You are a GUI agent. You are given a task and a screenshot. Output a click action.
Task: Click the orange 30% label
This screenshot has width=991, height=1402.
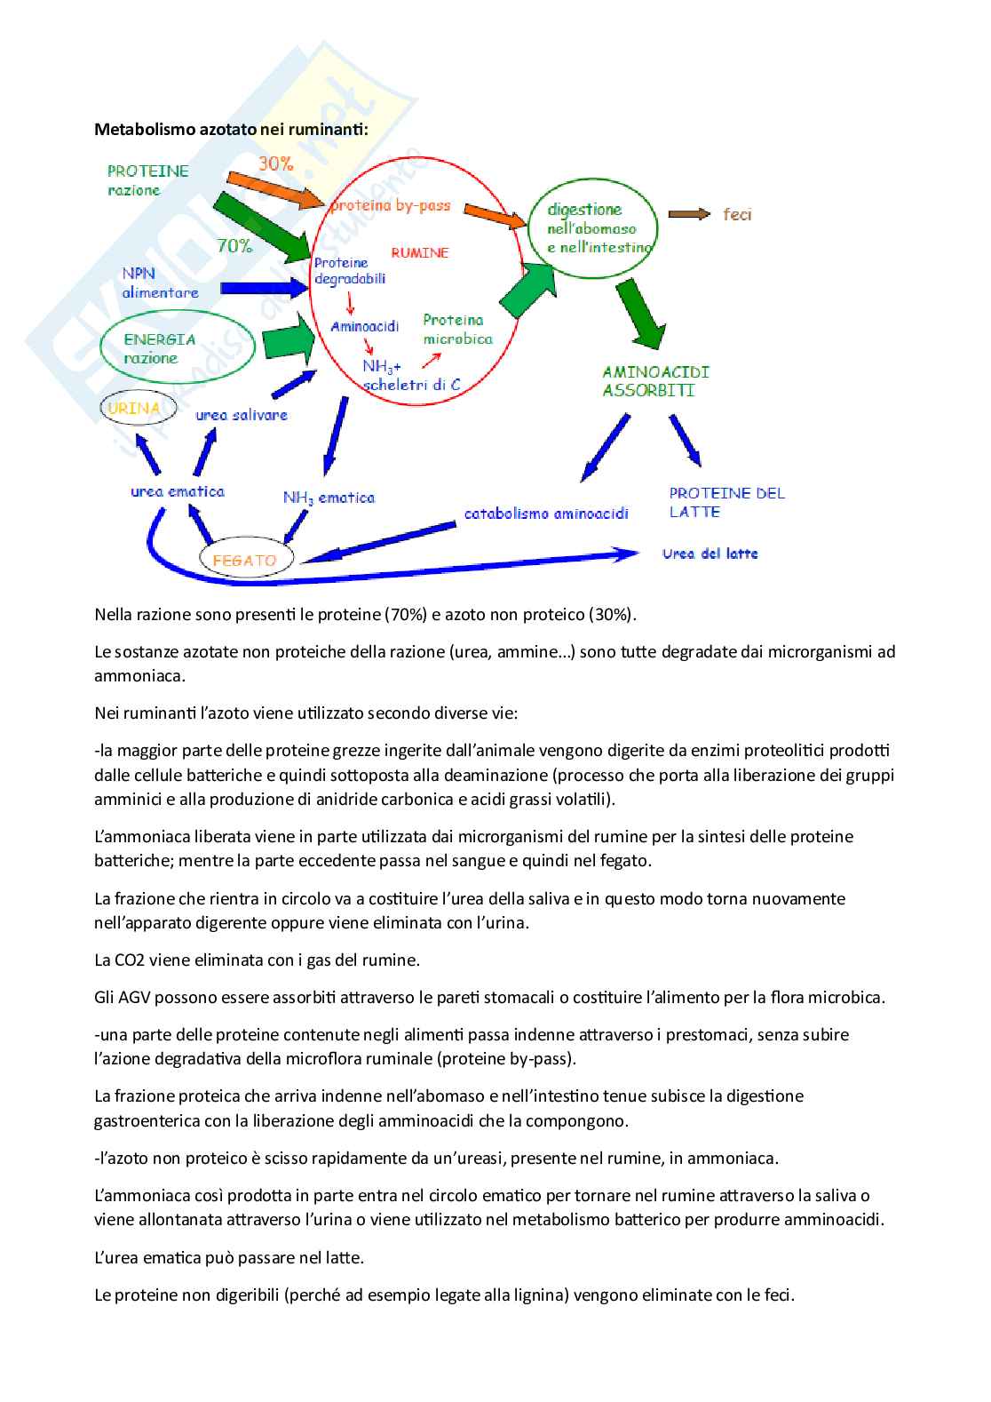pos(275,163)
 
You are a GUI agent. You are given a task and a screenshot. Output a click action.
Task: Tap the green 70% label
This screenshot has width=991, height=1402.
pos(234,246)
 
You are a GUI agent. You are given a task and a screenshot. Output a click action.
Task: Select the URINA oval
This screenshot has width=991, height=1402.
pos(138,409)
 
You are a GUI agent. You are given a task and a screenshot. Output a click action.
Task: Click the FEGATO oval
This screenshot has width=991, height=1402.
pos(244,561)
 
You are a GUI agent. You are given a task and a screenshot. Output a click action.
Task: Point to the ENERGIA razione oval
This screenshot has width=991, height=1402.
pos(177,348)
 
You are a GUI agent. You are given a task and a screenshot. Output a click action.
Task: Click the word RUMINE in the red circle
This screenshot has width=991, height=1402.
pos(420,253)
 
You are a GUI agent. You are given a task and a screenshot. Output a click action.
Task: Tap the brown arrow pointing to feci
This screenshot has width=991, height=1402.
pos(688,214)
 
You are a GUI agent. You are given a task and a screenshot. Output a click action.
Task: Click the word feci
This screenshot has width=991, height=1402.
pos(737,214)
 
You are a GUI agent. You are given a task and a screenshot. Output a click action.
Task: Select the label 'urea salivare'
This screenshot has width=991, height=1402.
pos(242,415)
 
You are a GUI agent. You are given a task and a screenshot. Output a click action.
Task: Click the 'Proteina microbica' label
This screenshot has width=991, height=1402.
pos(457,329)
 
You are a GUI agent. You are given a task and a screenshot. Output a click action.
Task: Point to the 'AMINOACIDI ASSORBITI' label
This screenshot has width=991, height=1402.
pos(655,381)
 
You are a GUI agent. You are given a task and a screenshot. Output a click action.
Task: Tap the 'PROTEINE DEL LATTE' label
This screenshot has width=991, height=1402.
pos(726,502)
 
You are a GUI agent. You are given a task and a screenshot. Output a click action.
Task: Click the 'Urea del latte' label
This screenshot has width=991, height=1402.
pos(710,554)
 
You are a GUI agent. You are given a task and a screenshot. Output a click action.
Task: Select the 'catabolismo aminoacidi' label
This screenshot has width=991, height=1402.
pos(546,514)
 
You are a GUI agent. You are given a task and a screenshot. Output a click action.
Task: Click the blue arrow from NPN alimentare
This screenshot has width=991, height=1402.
pos(263,288)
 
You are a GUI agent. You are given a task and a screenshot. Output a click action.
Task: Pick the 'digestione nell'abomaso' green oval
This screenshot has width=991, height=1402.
pos(593,228)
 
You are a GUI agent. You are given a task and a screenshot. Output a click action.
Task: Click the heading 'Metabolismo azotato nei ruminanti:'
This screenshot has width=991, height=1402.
pos(231,130)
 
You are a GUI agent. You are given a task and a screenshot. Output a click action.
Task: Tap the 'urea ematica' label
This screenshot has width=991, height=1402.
pos(178,491)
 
